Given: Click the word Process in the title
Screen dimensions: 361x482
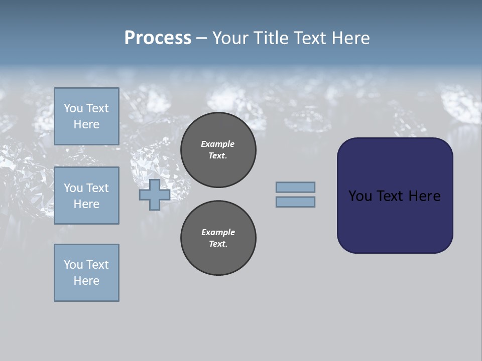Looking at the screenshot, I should click(x=158, y=38).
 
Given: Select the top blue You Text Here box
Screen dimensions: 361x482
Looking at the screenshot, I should click(x=86, y=116).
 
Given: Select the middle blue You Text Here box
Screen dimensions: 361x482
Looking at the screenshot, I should click(x=86, y=196).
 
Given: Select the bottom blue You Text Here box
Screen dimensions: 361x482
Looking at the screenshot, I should click(x=86, y=273).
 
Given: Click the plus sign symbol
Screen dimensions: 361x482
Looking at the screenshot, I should click(x=155, y=195).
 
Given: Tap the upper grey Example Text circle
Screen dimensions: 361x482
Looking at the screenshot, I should click(x=218, y=150).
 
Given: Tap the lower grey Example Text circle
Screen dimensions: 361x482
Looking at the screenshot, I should click(x=218, y=238).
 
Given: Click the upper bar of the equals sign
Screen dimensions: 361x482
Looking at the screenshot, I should click(x=295, y=187).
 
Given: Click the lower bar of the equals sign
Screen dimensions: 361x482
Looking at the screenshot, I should click(x=295, y=202).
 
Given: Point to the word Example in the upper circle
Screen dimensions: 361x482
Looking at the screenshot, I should click(x=218, y=144).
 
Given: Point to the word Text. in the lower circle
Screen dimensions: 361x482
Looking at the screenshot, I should click(x=218, y=244).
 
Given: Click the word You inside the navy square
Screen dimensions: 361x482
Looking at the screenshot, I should click(x=360, y=196).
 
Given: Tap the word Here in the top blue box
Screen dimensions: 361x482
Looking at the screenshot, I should click(x=86, y=124).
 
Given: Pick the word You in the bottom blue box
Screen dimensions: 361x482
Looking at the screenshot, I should click(x=73, y=265).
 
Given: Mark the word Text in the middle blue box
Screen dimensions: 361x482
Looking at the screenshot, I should click(x=97, y=188).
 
